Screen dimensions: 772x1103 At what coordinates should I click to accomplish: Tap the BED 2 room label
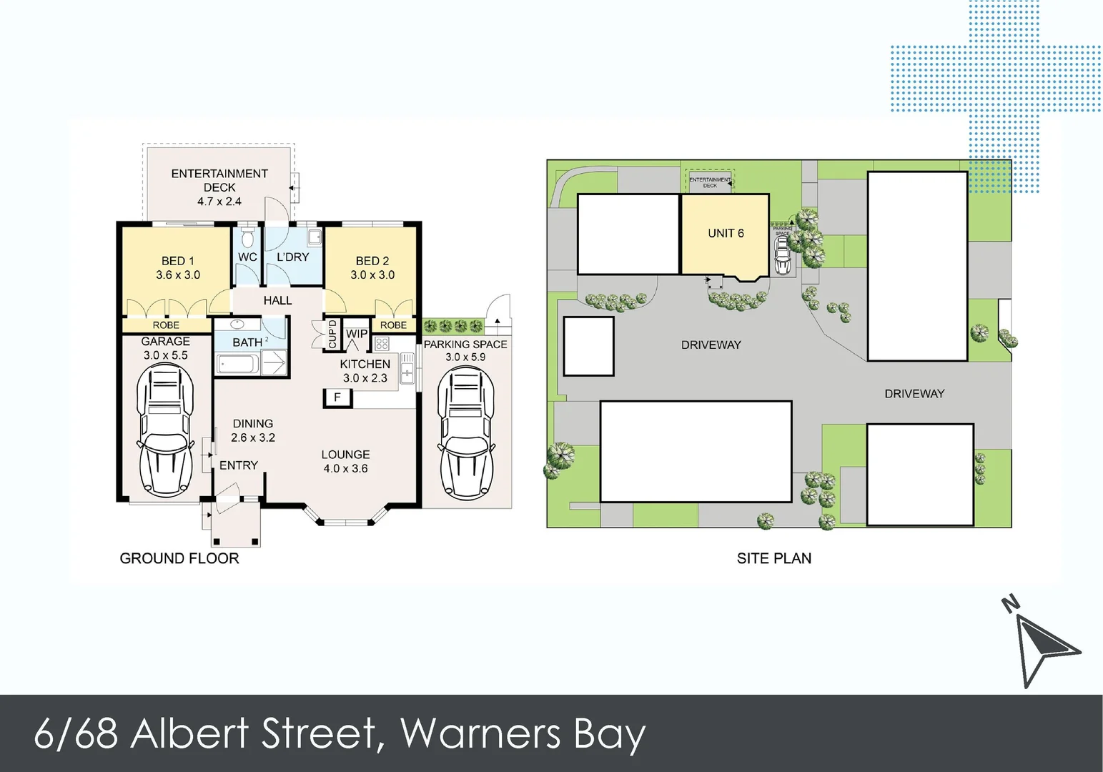pyautogui.click(x=372, y=261)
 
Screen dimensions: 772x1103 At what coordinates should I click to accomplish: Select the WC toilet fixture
pyautogui.click(x=247, y=237)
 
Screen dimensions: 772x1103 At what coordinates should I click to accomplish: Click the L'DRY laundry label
pyautogui.click(x=292, y=257)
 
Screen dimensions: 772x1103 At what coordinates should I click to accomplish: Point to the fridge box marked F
pyautogui.click(x=337, y=397)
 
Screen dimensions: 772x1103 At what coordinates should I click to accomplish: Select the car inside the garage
pyautogui.click(x=165, y=430)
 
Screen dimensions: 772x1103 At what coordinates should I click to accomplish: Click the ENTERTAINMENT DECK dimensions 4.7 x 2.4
pyautogui.click(x=219, y=202)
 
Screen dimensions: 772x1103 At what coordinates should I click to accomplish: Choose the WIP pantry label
pyautogui.click(x=357, y=334)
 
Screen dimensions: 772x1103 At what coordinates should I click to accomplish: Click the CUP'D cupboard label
pyautogui.click(x=332, y=335)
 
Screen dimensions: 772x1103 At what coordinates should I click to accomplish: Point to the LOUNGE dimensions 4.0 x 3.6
pyautogui.click(x=345, y=469)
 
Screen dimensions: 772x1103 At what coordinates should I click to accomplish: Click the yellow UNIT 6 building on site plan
pyautogui.click(x=725, y=234)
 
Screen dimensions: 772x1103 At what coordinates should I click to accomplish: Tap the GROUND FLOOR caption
pyautogui.click(x=179, y=558)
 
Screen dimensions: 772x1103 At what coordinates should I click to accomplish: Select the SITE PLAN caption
pyautogui.click(x=774, y=558)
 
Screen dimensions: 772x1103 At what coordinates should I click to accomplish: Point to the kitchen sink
pyautogui.click(x=407, y=371)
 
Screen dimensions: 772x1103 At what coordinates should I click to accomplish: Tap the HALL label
pyautogui.click(x=277, y=300)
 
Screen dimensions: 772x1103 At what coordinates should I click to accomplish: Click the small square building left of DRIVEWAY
pyautogui.click(x=588, y=346)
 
